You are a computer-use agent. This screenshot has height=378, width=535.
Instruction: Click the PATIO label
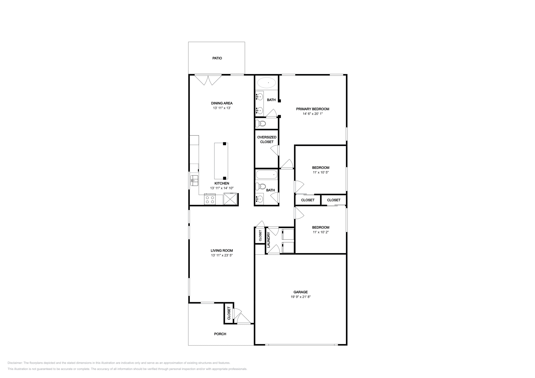(217, 58)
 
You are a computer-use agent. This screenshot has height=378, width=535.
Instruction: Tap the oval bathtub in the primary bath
(266, 83)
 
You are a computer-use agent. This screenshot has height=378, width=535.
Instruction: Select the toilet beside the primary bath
(261, 124)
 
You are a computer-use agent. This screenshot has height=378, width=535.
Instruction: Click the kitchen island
(221, 161)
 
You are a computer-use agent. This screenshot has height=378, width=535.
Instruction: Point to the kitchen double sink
(194, 181)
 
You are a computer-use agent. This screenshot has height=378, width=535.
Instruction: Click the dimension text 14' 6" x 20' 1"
(313, 114)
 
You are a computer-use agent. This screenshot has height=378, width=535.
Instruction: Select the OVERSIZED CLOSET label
(267, 140)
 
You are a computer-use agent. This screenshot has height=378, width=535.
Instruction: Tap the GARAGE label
(301, 292)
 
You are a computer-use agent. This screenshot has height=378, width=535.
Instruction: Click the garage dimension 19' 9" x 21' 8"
(301, 297)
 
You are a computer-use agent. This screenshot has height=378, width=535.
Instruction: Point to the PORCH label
(220, 334)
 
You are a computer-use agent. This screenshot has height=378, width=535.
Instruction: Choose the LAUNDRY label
(268, 240)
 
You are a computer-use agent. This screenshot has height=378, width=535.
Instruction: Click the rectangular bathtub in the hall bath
(266, 175)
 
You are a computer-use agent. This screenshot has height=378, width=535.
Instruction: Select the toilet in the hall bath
(260, 187)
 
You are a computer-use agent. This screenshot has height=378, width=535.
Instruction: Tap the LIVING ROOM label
(222, 250)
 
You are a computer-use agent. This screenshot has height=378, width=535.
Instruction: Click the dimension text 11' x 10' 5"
(321, 172)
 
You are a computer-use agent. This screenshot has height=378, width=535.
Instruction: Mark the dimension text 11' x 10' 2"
(321, 232)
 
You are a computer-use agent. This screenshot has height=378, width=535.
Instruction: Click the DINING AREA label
(222, 103)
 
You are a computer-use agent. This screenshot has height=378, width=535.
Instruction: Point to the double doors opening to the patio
(208, 80)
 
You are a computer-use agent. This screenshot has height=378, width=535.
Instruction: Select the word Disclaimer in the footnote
(15, 363)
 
